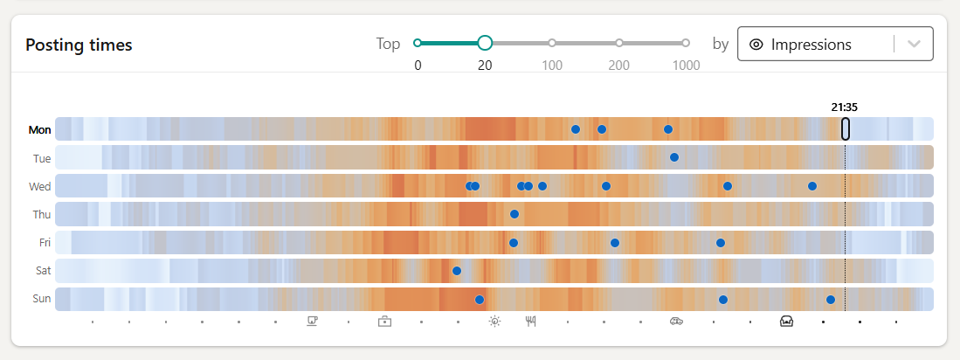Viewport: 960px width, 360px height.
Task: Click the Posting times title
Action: (79, 45)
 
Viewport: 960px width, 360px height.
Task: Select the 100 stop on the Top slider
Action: (552, 42)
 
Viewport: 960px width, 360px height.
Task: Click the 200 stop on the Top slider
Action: (619, 42)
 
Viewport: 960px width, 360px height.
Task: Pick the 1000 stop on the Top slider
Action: (686, 42)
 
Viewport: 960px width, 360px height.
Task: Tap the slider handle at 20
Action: (485, 42)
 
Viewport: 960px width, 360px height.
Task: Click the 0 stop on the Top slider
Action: (418, 42)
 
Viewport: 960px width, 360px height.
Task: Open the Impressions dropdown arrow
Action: (915, 45)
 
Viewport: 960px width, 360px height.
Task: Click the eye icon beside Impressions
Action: (756, 45)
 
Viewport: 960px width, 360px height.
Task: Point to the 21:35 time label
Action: (844, 107)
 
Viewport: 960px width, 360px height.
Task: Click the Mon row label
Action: (40, 130)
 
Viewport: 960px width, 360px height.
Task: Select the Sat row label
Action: (43, 271)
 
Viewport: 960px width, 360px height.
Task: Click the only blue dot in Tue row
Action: (674, 157)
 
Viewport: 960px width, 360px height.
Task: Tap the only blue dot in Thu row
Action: (515, 214)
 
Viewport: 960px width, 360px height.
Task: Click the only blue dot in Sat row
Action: (456, 271)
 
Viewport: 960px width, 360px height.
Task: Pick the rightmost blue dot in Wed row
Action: (812, 186)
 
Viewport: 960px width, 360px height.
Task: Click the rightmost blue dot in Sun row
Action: (831, 300)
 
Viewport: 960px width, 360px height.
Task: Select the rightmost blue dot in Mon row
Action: (668, 129)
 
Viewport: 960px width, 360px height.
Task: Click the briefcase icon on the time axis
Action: (384, 322)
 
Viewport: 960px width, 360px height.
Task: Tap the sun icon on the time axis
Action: (494, 322)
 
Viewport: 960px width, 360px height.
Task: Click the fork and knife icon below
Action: (530, 322)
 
